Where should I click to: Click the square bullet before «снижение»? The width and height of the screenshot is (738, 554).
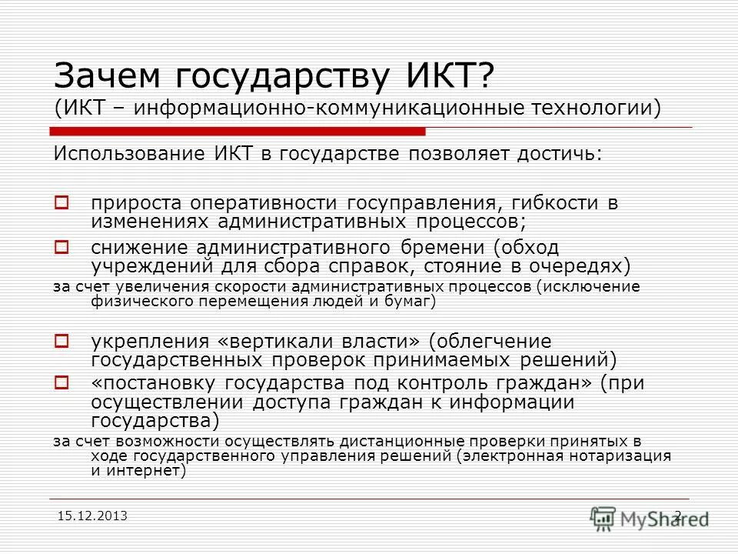63,248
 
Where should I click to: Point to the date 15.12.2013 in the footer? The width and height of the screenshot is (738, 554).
92,514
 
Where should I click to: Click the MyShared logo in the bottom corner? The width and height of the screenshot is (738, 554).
650,517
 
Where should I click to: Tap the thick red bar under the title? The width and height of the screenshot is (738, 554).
238,130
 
